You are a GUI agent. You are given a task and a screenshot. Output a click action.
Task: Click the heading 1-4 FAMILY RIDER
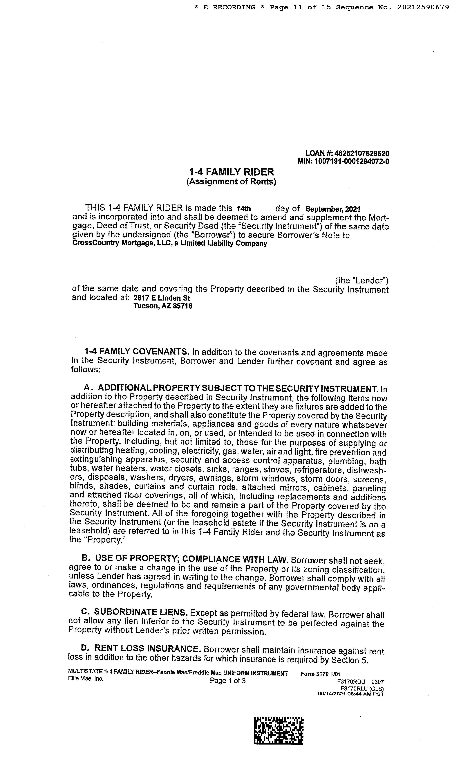[231, 172]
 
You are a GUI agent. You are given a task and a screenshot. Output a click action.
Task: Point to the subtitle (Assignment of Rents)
[231, 182]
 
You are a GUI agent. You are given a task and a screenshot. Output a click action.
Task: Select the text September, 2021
[333, 209]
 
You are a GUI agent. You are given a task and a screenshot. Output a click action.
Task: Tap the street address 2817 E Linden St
[162, 298]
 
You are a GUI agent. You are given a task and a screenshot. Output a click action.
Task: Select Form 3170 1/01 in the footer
[320, 674]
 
